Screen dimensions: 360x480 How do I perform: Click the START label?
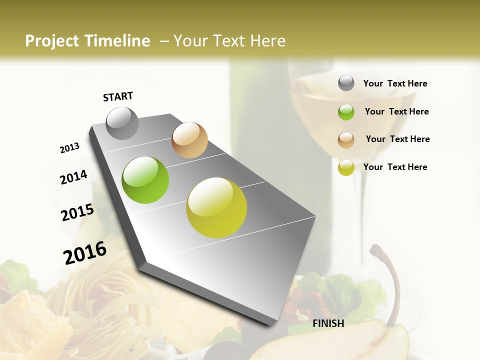coord(118,96)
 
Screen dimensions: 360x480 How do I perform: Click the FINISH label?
coord(328,323)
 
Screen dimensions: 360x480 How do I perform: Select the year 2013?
coord(69,147)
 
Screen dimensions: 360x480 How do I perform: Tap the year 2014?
coord(73,177)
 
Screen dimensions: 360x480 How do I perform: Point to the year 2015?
coord(77,212)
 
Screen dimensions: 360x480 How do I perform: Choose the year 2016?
coord(85,252)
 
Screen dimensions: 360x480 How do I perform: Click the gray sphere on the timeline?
coord(122,123)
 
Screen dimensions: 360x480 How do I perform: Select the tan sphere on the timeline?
coord(189,140)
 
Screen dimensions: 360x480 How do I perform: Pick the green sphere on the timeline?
coord(145,180)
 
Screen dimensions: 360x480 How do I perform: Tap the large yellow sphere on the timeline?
coord(216,207)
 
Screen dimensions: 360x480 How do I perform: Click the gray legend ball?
coord(346,83)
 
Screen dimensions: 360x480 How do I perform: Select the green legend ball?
coord(346,112)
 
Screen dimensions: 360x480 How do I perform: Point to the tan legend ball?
coord(346,140)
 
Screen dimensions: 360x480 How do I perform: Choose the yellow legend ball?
coord(346,167)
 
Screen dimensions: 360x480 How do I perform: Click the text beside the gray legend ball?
coord(395,83)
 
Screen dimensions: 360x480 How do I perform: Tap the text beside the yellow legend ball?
coord(395,167)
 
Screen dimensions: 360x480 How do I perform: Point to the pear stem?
coord(392,280)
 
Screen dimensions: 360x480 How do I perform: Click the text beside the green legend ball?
coord(396,111)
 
